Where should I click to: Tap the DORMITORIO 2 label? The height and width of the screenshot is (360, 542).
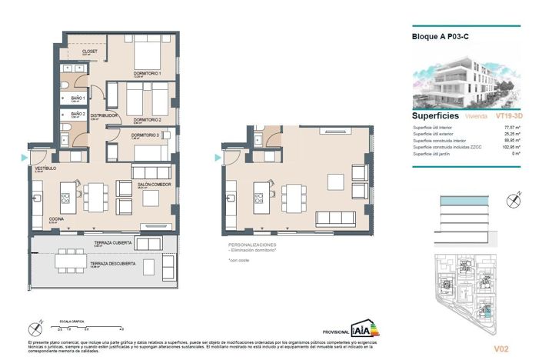coord(146,120)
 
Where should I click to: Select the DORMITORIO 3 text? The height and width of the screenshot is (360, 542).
coord(145,135)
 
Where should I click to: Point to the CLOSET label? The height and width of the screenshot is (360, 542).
coord(90,52)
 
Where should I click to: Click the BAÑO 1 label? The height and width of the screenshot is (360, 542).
coord(77,98)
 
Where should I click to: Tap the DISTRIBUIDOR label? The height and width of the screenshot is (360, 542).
coord(104,116)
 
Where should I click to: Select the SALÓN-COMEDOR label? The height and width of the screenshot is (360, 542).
coord(154,185)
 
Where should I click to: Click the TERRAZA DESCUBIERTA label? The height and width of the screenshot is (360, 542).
coord(115,264)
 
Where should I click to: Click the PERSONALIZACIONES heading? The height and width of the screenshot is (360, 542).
coord(247,245)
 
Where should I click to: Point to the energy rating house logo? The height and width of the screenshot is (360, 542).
coord(364,328)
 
